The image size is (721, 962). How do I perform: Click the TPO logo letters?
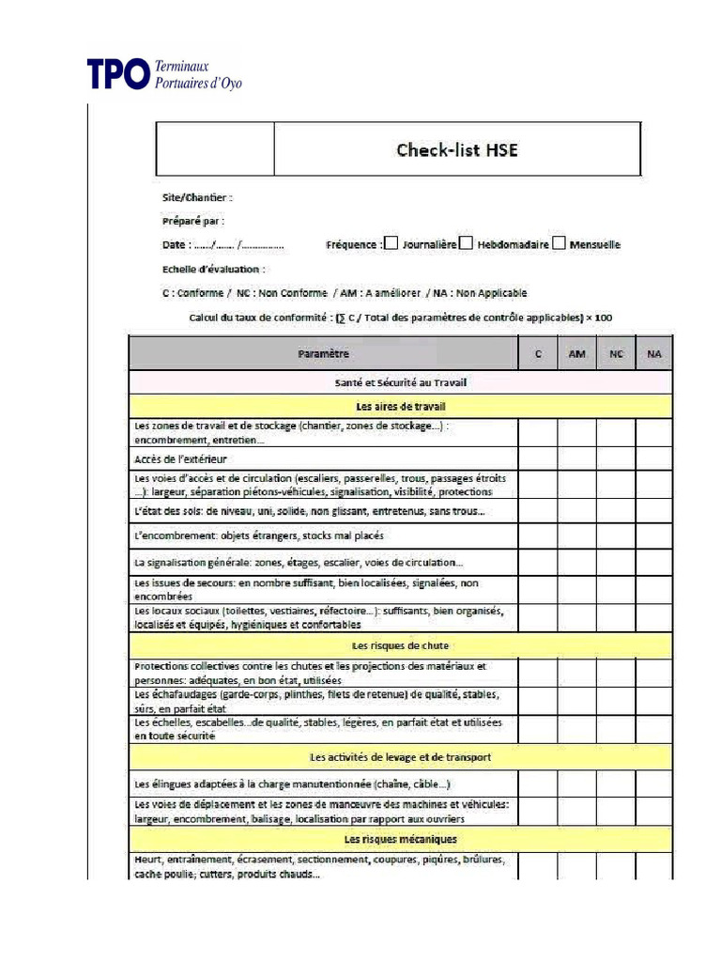117,75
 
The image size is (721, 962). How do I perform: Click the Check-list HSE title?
456,149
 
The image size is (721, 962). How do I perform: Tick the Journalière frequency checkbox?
391,243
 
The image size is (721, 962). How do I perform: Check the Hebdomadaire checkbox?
467,243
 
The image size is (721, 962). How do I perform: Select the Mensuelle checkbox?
559,243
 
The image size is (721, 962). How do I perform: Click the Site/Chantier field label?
196,197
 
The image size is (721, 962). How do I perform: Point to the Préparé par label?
192,221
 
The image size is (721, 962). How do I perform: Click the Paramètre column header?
323,354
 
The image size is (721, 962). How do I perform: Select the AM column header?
576,354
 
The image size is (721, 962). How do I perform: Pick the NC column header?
616,354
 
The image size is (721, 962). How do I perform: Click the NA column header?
654,354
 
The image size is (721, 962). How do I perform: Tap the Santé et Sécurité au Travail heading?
400,382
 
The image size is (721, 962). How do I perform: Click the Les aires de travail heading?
400,407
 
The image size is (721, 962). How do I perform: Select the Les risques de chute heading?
400,645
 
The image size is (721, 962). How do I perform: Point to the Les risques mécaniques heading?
400,838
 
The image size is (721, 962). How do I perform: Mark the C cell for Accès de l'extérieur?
537,458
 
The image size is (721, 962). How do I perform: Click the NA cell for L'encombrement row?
654,535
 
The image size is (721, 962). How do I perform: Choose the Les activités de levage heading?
400,756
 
